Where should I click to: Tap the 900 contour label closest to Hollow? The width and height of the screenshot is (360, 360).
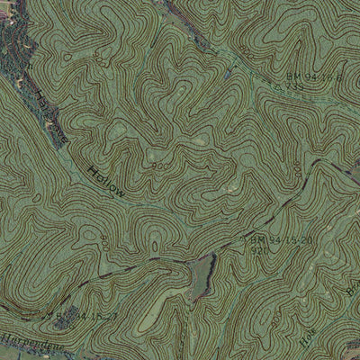[x=160, y=166]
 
